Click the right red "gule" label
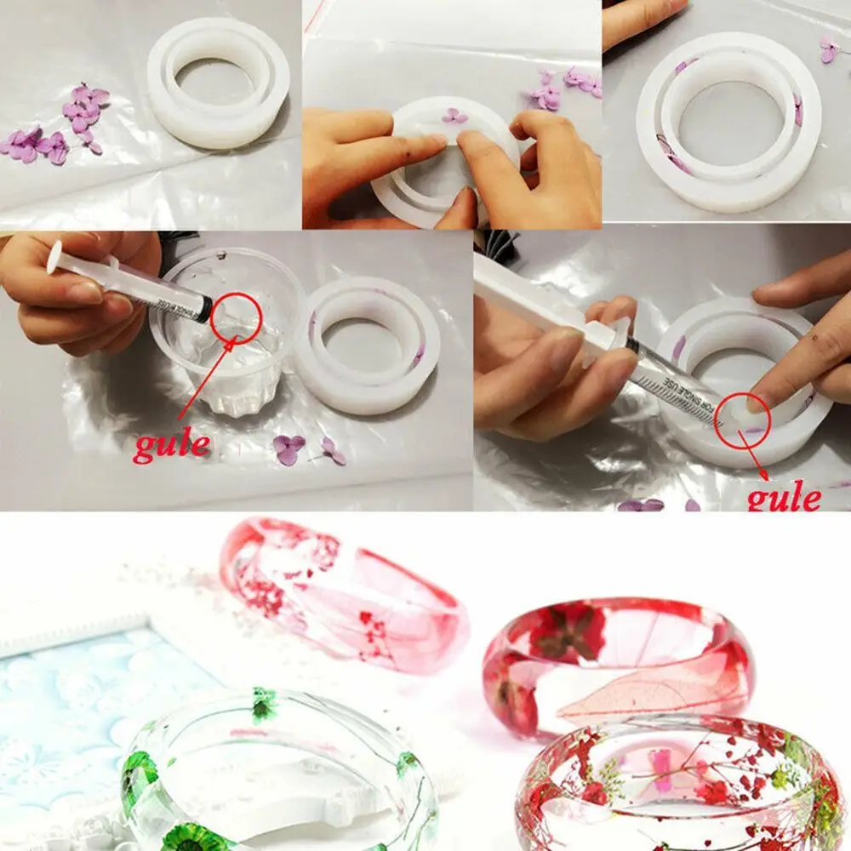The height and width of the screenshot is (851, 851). tap(784, 495)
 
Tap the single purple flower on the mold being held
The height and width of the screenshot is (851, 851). tap(454, 116)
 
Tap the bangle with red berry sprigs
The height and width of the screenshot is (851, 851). tap(681, 783)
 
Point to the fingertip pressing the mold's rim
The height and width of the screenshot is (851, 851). tap(766, 396)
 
